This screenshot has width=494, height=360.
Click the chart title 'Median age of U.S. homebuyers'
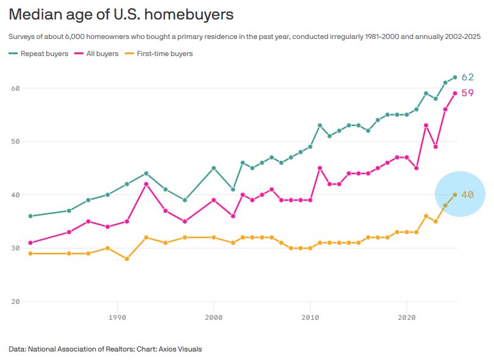121,13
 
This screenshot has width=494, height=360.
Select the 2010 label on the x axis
311,317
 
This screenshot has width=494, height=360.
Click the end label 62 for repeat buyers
467,77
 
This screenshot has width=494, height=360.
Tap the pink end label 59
467,93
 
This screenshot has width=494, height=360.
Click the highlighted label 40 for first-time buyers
467,195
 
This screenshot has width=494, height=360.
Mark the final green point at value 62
455,77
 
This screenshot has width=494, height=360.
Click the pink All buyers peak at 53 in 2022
426,125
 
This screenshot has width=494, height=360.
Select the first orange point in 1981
30,253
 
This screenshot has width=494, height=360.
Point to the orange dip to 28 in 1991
127,259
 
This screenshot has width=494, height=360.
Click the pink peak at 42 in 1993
146,184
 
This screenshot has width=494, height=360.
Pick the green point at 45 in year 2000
214,168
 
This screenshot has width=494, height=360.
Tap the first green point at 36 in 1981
30,216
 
